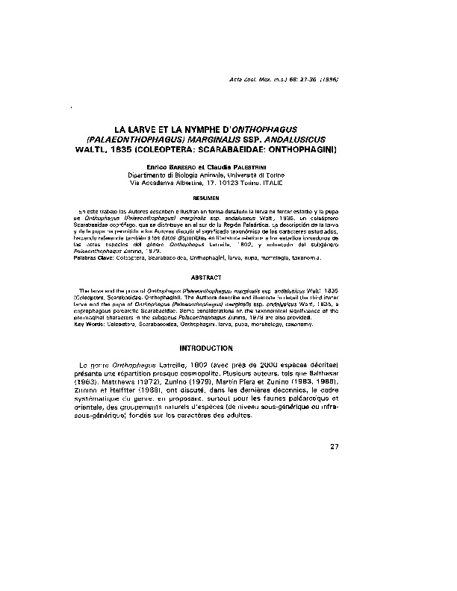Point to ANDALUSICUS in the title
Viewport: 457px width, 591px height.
click(x=308, y=140)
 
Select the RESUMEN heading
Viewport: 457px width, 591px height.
click(x=227, y=198)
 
